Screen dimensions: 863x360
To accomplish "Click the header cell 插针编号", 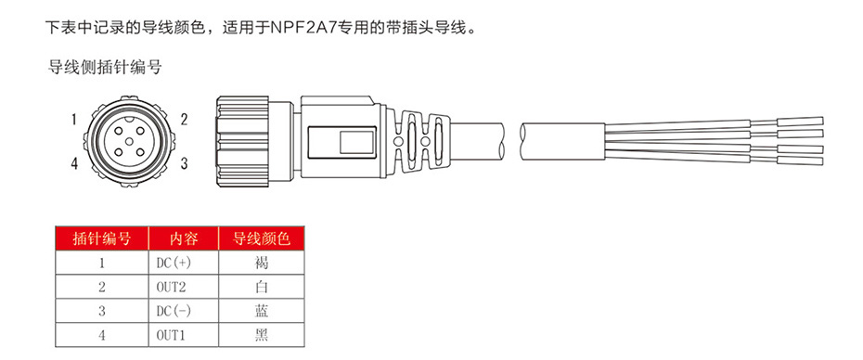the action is (101, 238).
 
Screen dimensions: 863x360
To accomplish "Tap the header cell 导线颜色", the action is (261, 238).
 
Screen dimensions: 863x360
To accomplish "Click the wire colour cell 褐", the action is (261, 263).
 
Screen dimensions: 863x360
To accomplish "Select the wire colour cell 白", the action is (261, 287).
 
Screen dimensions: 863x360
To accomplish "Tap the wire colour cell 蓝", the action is (261, 311).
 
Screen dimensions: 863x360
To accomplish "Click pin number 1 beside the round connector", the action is (73, 119).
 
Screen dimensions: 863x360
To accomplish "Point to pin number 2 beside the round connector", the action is (185, 119).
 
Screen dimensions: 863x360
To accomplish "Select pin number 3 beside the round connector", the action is (185, 163).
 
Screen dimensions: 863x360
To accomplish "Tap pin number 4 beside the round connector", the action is (73, 164).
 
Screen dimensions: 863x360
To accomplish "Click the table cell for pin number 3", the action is (101, 311).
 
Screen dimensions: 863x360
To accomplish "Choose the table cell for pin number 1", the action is (101, 263).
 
